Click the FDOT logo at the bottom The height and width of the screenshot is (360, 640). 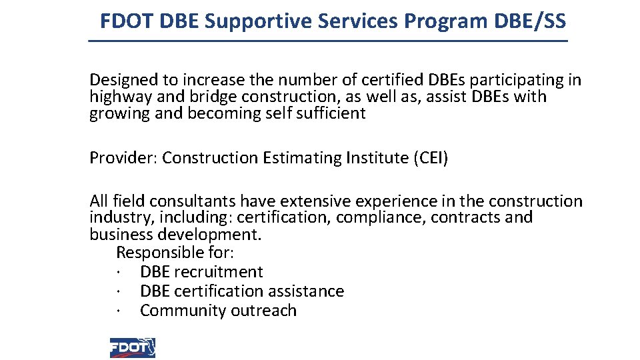pos(132,347)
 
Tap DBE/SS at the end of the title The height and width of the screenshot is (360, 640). pos(530,21)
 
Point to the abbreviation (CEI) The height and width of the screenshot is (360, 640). pos(431,158)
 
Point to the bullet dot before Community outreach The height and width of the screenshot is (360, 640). pos(117,311)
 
